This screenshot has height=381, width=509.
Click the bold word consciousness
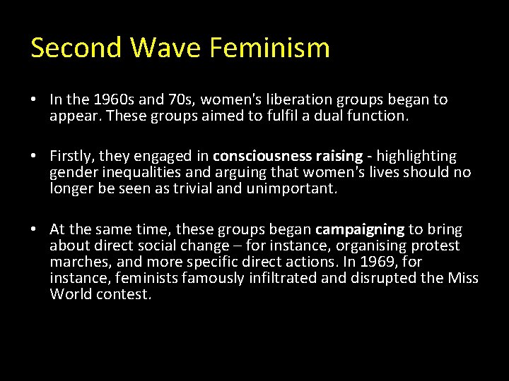257,156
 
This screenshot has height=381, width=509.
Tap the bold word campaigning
360,229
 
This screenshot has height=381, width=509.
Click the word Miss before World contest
463,279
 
